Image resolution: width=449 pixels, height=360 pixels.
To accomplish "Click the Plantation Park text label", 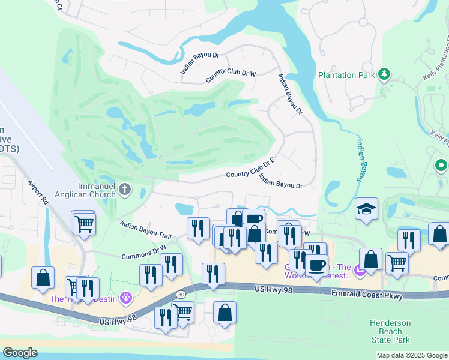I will pyautogui.click(x=346, y=75).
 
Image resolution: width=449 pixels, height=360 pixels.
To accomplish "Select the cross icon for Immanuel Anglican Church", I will pyautogui.click(x=125, y=190).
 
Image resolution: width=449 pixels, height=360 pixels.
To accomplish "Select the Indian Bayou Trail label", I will pyautogui.click(x=146, y=231).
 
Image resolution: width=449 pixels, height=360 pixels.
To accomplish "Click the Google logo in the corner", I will pyautogui.click(x=19, y=353).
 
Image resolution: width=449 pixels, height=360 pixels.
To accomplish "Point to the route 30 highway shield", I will pyautogui.click(x=181, y=294).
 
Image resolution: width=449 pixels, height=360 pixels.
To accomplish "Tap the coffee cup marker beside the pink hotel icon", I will pyautogui.click(x=316, y=264).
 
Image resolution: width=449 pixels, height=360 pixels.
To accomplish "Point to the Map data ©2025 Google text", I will pyautogui.click(x=411, y=355).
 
